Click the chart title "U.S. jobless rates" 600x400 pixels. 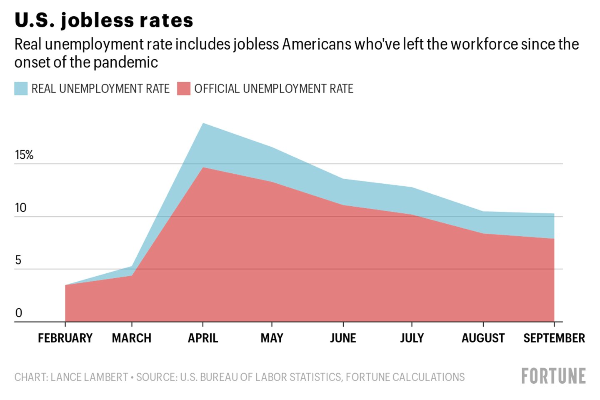coord(104,20)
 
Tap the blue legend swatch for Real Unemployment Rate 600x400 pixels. coord(21,89)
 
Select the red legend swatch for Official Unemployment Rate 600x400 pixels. coord(184,89)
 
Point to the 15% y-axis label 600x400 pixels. coord(24,155)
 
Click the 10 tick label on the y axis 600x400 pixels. coord(20,207)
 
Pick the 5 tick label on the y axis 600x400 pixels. coord(18,260)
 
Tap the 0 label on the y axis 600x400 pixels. coord(18,313)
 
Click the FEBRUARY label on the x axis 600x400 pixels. coord(65,338)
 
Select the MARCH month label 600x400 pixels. coord(132,338)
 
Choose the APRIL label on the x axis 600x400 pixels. coord(203,338)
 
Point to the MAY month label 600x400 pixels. coord(272,338)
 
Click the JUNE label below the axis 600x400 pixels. coord(343,338)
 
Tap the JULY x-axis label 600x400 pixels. coord(412,338)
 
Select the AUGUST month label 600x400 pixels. coord(483,338)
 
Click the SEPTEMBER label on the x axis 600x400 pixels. coord(554,338)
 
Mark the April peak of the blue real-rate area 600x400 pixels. coord(203,124)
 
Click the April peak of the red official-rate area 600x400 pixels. coord(203,168)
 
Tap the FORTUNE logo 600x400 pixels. coord(553,376)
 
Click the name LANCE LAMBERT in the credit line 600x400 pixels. coord(89,377)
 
